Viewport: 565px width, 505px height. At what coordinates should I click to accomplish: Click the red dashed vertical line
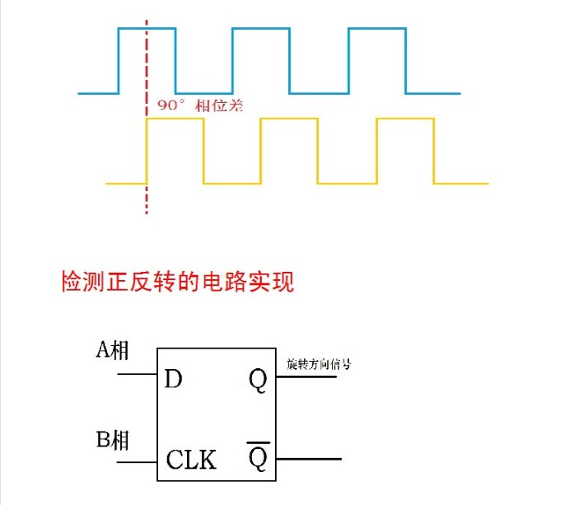(x=147, y=117)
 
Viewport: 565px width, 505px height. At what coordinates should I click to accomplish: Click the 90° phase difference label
(x=200, y=105)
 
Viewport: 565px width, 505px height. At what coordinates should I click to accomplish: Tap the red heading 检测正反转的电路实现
(x=178, y=281)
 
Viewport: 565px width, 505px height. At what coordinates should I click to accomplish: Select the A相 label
(x=112, y=349)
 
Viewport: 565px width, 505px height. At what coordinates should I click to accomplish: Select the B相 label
(x=112, y=439)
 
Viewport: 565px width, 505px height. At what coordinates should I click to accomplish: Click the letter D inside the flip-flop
(x=173, y=379)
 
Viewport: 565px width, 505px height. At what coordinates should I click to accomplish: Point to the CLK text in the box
(x=191, y=459)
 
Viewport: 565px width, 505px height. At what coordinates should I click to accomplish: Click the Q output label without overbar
(x=258, y=381)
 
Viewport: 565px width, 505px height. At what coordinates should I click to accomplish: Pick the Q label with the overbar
(x=258, y=456)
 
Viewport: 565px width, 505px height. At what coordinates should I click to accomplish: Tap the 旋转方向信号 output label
(x=319, y=364)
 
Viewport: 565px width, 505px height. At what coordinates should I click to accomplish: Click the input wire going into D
(x=138, y=374)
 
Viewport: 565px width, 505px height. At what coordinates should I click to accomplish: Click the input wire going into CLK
(x=138, y=461)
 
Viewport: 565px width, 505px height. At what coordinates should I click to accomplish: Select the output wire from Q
(x=306, y=376)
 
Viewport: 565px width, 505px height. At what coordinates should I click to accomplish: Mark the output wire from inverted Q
(x=309, y=459)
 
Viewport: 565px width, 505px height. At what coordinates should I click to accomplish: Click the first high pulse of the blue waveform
(x=147, y=28)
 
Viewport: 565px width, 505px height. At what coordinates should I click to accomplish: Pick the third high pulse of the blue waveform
(x=377, y=28)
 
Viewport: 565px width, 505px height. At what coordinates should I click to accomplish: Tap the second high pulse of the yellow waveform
(x=289, y=119)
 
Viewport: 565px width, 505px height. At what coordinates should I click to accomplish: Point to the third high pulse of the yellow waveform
(x=405, y=119)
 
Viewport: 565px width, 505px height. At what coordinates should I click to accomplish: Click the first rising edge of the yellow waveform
(x=147, y=151)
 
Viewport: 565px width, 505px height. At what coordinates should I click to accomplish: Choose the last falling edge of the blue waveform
(x=406, y=61)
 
